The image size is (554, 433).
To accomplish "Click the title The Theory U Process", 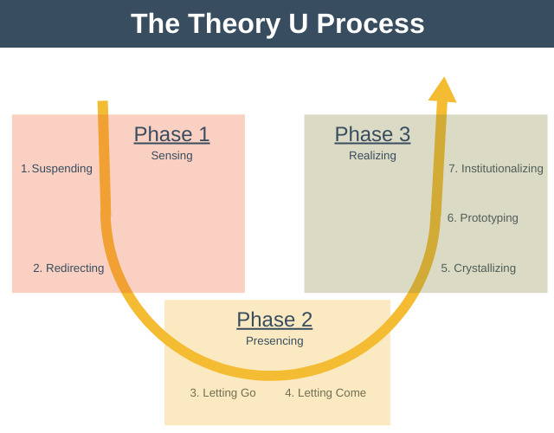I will click(277, 23).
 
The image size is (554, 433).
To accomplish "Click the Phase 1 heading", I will click(171, 134).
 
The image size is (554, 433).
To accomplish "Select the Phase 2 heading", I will click(274, 320).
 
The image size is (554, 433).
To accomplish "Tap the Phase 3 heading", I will click(372, 134).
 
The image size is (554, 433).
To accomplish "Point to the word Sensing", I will click(171, 156).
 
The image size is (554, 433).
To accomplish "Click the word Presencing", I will click(274, 341).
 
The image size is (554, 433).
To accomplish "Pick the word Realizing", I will click(372, 156).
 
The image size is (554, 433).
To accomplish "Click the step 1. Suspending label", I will click(57, 169).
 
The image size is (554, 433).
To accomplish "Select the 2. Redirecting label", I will click(68, 268).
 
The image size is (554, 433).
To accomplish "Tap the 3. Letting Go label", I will click(222, 393).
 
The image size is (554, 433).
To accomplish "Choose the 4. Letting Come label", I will click(325, 393).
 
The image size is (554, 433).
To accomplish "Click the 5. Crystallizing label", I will click(478, 268).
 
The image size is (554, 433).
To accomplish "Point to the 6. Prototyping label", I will click(482, 218).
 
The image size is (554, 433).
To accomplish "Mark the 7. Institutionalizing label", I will click(495, 169).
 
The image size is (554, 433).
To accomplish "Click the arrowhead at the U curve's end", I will click(443, 90).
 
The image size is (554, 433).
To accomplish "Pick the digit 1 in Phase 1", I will click(203, 134).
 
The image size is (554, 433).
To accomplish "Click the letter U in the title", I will click(297, 23).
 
